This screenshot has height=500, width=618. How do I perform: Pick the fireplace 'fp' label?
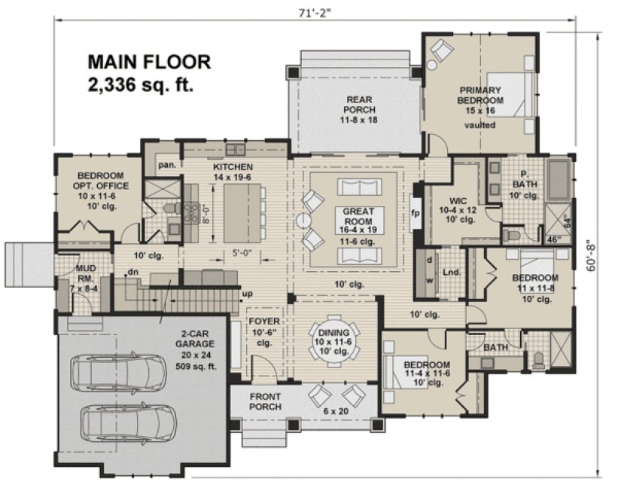click(415, 212)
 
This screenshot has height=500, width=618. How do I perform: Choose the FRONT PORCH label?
click(267, 401)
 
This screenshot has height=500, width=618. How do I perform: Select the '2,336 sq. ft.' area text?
click(142, 84)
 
